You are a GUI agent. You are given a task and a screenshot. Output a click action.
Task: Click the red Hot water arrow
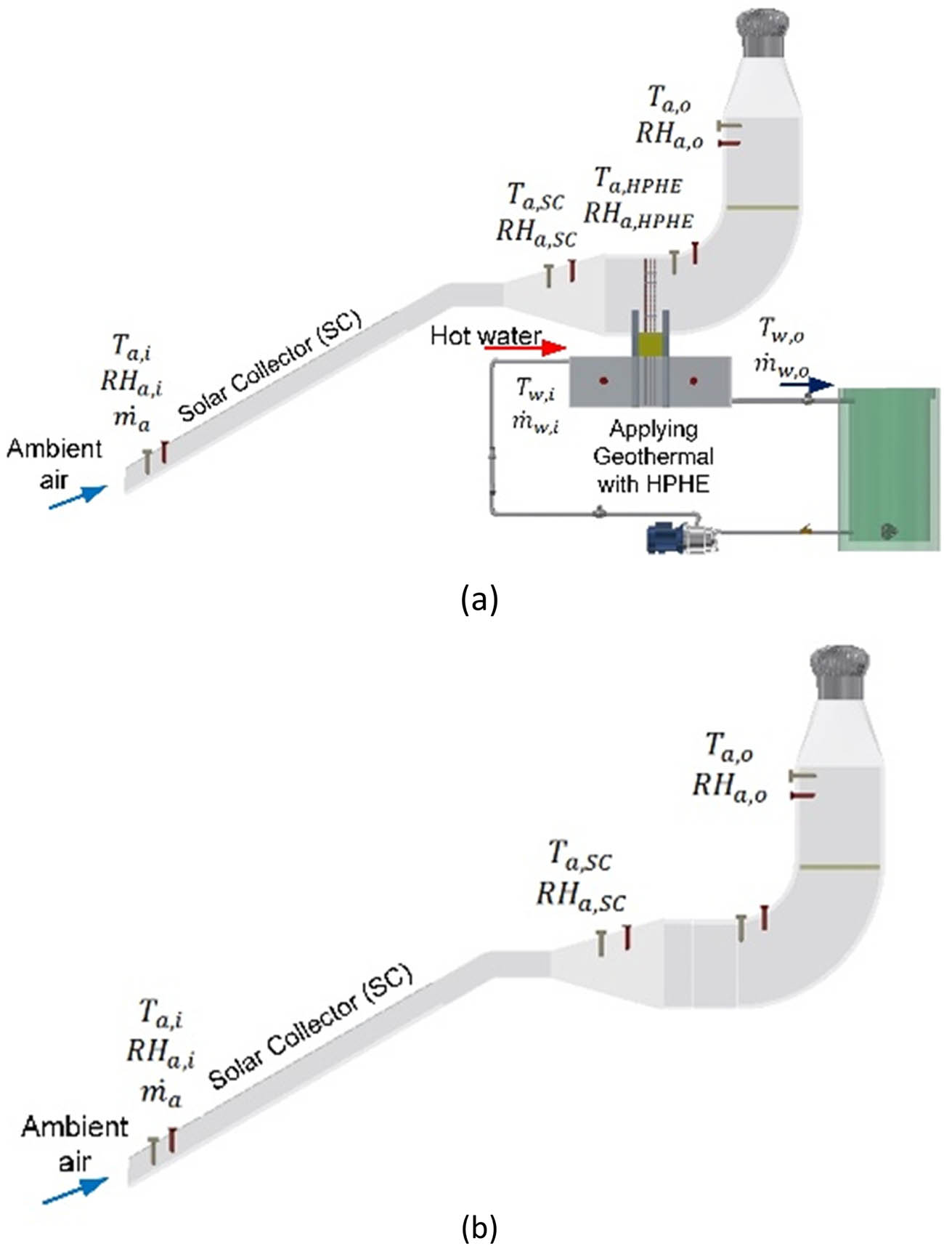coord(525,349)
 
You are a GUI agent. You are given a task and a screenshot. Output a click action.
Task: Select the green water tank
coord(888,469)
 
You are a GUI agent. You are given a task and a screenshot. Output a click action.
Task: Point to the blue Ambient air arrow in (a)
coord(78,498)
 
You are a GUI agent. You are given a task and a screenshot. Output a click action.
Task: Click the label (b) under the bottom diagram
coord(479,1227)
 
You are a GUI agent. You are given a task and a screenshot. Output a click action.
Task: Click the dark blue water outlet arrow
coord(807,385)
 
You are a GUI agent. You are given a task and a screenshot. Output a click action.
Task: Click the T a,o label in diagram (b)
coord(729,747)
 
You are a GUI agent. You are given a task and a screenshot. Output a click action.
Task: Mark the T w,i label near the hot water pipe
coord(536,389)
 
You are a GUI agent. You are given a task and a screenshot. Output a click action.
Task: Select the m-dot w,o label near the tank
coord(781,366)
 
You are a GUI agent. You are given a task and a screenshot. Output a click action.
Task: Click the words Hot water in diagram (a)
coord(485,336)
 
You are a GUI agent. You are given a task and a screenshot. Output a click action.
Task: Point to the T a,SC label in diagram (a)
coord(535,196)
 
